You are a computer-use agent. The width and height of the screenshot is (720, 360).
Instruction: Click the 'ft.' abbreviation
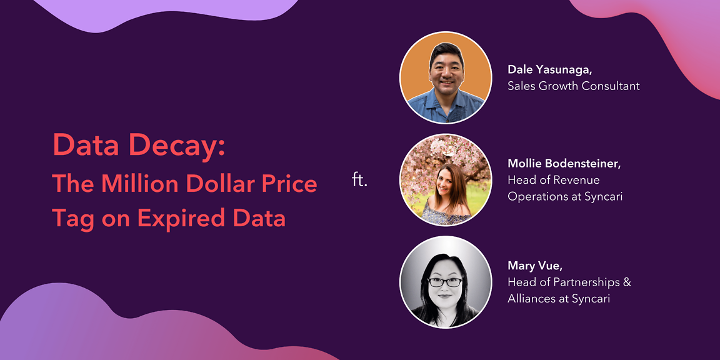click(x=360, y=180)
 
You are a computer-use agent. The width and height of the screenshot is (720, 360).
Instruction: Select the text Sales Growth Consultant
click(x=574, y=86)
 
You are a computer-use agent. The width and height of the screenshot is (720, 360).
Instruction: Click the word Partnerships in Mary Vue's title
click(x=581, y=282)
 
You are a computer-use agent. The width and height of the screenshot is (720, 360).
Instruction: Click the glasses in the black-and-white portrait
click(x=445, y=282)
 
